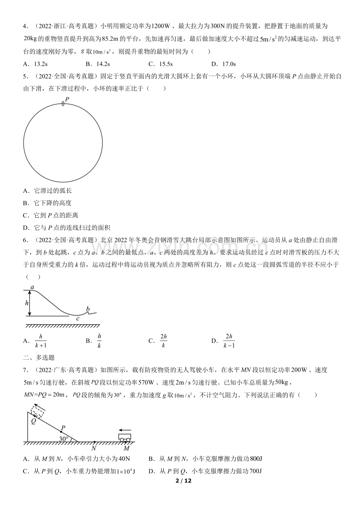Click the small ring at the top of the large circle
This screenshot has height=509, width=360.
tap(63, 104)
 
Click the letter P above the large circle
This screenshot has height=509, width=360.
tap(67, 99)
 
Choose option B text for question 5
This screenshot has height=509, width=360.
tap(53, 203)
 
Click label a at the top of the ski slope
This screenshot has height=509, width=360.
tap(32, 287)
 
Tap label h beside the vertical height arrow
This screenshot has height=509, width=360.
tap(27, 303)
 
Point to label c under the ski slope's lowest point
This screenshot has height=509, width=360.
tap(78, 319)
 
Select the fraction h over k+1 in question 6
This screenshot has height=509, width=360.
tap(41, 341)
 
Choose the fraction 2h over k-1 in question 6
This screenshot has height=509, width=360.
tap(229, 341)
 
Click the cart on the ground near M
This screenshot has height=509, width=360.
tap(124, 437)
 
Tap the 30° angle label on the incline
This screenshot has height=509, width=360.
tap(64, 439)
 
